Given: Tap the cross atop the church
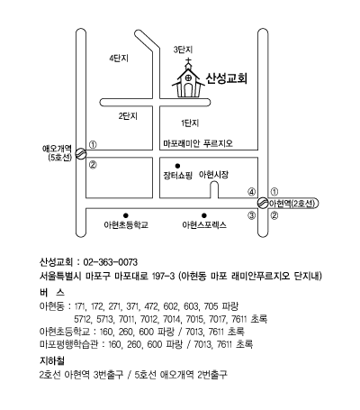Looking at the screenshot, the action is click(x=188, y=62).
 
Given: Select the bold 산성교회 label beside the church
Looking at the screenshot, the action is click(x=227, y=78).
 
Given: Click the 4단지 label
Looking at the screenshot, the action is click(x=119, y=58).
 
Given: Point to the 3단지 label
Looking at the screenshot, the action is click(x=183, y=50).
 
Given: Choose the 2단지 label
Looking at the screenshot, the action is click(x=128, y=116).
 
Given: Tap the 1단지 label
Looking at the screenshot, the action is click(x=190, y=123).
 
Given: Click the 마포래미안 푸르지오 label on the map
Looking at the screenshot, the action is click(x=198, y=143).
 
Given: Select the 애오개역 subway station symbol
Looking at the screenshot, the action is click(x=81, y=154).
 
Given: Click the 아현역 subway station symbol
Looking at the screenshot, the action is click(x=263, y=203).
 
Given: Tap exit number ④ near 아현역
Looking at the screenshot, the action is click(x=251, y=192).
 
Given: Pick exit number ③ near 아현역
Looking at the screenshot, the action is click(x=251, y=215).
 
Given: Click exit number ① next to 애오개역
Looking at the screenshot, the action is click(x=93, y=145).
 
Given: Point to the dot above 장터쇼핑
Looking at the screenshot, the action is click(x=177, y=166).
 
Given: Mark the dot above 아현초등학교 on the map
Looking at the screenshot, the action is click(x=126, y=215).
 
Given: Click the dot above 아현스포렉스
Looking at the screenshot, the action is click(x=204, y=215).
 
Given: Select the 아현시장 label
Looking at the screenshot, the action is click(x=213, y=175).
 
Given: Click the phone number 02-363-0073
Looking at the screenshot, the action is click(x=111, y=262).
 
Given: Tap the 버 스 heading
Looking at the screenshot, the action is click(x=52, y=292).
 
